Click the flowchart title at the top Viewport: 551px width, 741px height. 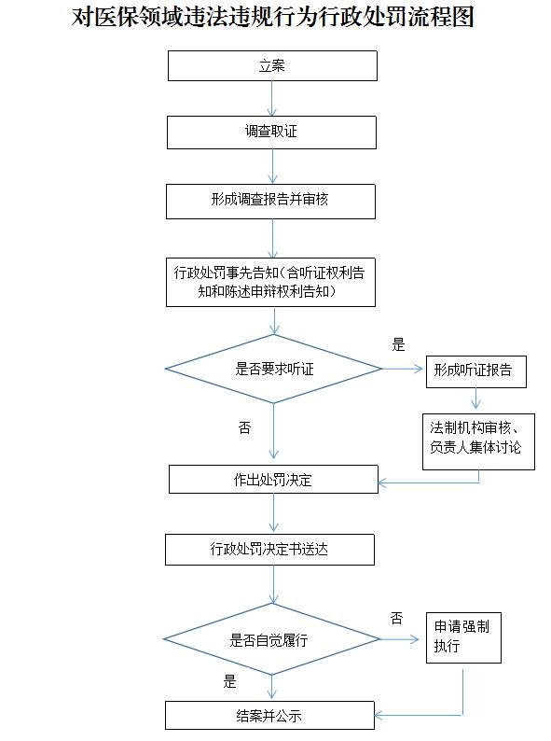coord(272,18)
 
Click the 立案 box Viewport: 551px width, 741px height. coord(272,65)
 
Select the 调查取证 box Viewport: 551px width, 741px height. coord(271,133)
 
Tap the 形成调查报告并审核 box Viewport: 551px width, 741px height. coord(270,202)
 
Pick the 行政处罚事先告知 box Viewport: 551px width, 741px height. coord(270,282)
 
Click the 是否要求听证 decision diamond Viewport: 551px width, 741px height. coord(273,369)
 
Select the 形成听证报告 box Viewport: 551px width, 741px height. coord(475,371)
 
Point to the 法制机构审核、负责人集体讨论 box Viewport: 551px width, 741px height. coord(478,441)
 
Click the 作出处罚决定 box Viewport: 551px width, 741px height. coord(273,479)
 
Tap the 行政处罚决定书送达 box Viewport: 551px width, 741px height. coord(269,550)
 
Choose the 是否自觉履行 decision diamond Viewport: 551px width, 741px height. coord(271,639)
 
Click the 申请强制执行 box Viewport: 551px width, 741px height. coord(463,637)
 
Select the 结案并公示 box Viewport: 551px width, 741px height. coord(269,716)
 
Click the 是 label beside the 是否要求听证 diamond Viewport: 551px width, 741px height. coord(398,344)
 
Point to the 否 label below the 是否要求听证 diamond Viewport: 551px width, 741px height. coord(244,427)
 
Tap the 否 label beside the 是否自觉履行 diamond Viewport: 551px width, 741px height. coord(396,618)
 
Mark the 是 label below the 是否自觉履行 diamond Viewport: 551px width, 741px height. coord(229,681)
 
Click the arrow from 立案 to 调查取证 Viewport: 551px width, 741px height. coord(272,98)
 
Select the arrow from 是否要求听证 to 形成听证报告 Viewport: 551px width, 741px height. coord(402,369)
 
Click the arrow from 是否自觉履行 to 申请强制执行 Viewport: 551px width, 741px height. coord(399,639)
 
